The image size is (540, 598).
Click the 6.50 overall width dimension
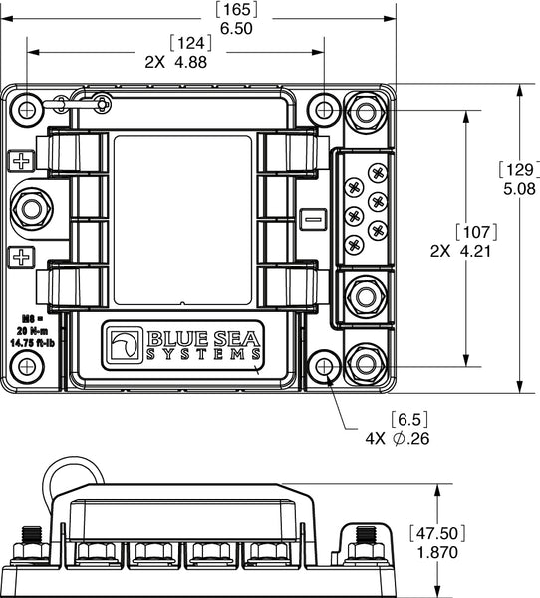point(236,29)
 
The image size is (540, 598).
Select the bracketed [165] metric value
point(236,11)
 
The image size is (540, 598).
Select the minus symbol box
point(313,217)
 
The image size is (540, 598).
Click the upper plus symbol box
point(20,161)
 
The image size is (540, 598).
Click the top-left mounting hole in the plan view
point(28,107)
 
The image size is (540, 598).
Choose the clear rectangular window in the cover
point(180,221)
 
